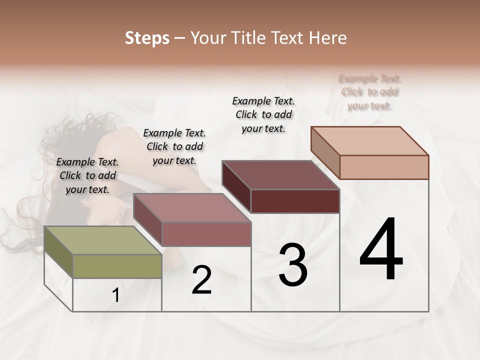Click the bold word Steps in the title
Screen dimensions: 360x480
(x=147, y=38)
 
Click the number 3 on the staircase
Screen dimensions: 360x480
(x=293, y=265)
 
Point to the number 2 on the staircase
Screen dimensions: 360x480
(x=201, y=280)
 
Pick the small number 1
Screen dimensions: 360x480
(x=116, y=295)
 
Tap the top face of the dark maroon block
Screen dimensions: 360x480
(x=280, y=175)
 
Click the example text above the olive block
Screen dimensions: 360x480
(x=87, y=175)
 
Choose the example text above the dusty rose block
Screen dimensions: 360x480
(x=174, y=146)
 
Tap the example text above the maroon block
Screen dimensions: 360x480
(x=263, y=114)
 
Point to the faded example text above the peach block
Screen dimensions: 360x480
(x=370, y=92)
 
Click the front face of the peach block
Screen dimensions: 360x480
(x=384, y=167)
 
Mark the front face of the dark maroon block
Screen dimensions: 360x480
(x=295, y=201)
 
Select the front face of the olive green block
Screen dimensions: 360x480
(x=117, y=266)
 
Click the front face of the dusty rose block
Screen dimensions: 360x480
(x=206, y=234)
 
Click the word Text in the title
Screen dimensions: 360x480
(x=289, y=38)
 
